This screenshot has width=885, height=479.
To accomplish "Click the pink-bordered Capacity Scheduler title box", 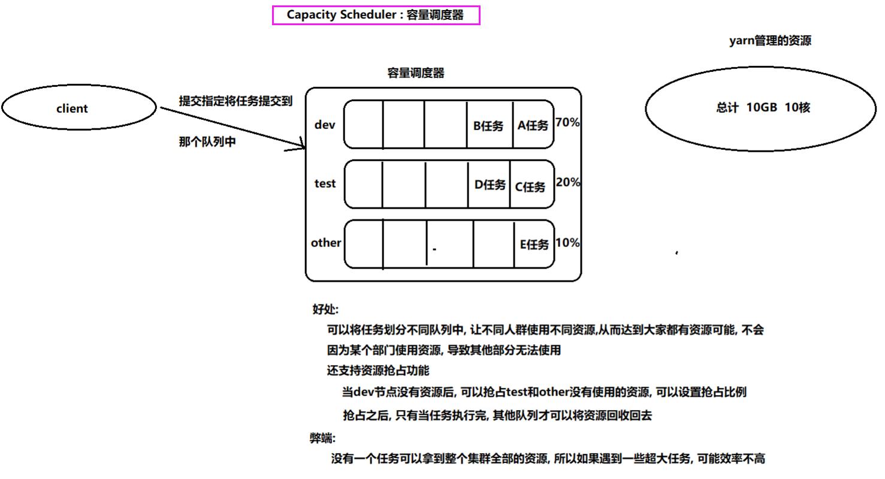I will point(376,15).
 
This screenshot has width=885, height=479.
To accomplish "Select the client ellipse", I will point(79,109).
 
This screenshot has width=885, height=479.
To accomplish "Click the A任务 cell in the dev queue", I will point(533,125).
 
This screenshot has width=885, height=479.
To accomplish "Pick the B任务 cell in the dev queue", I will point(489,125).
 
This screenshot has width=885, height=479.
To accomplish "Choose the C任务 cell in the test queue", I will point(531,186).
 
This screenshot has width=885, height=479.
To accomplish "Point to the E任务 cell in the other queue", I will point(534,244).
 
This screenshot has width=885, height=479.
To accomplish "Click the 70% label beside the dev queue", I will point(568,123).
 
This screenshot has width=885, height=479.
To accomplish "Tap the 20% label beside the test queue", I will point(568,183).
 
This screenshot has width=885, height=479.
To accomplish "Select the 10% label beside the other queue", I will point(568,243).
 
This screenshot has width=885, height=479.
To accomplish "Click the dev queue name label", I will point(325,125).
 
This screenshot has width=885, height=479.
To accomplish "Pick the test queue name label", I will point(325,183).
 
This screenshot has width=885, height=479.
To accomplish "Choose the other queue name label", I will point(326,243).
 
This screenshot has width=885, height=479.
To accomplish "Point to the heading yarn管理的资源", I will point(771,41).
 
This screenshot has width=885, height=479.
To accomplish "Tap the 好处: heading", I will point(325,309).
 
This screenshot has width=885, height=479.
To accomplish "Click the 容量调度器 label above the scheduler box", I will point(416,73).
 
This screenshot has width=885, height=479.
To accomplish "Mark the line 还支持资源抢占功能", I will point(378,370).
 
